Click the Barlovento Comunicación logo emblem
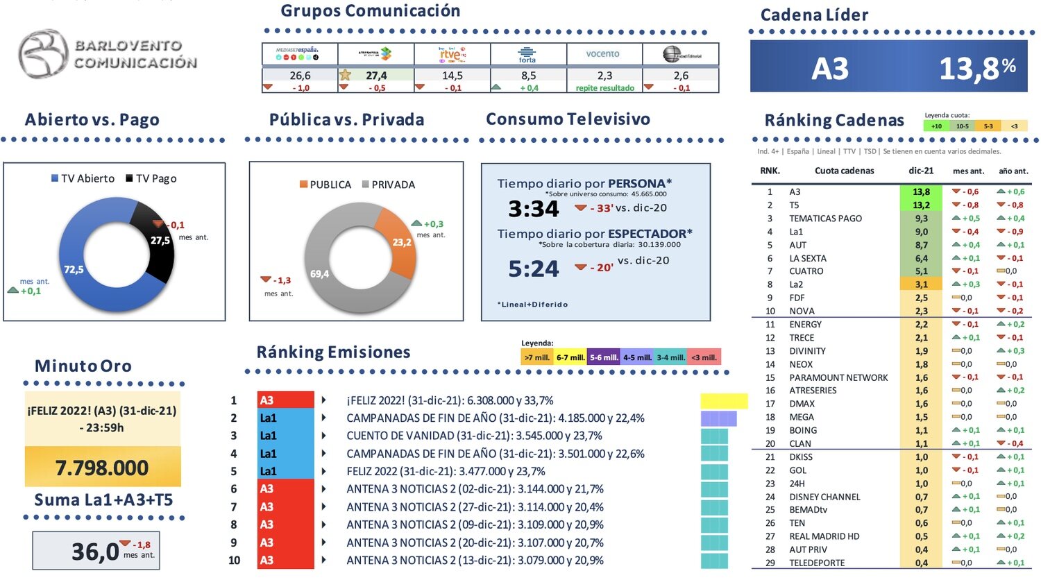(x=43, y=53)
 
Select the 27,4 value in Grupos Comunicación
(x=376, y=75)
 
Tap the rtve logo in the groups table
(x=452, y=54)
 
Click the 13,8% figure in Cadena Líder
(x=976, y=68)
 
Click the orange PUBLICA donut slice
(x=398, y=240)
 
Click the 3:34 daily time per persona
(x=533, y=208)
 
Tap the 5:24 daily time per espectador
(x=533, y=268)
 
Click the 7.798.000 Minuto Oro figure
(x=102, y=468)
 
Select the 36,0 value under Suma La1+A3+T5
(x=95, y=552)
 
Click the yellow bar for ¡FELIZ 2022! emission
(x=724, y=401)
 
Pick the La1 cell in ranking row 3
(x=285, y=436)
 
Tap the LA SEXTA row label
(x=808, y=258)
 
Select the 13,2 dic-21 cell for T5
(x=921, y=205)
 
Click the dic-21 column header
(x=921, y=171)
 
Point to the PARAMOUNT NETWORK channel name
(x=838, y=377)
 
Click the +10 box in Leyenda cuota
(x=936, y=126)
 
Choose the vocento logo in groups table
(x=602, y=54)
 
